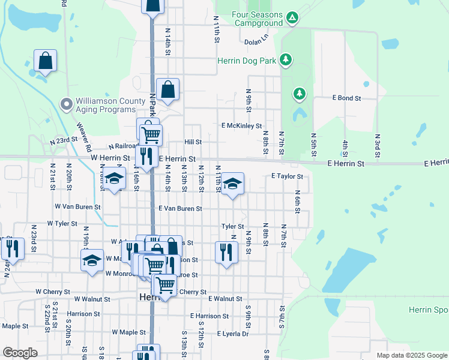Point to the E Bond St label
tap(346, 98)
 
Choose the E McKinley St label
tap(241, 126)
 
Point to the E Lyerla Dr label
tap(232, 334)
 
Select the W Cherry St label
tap(53, 292)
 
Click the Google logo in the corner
tap(19, 353)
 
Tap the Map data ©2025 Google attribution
tap(411, 355)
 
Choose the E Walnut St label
tap(225, 298)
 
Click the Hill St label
tap(193, 142)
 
